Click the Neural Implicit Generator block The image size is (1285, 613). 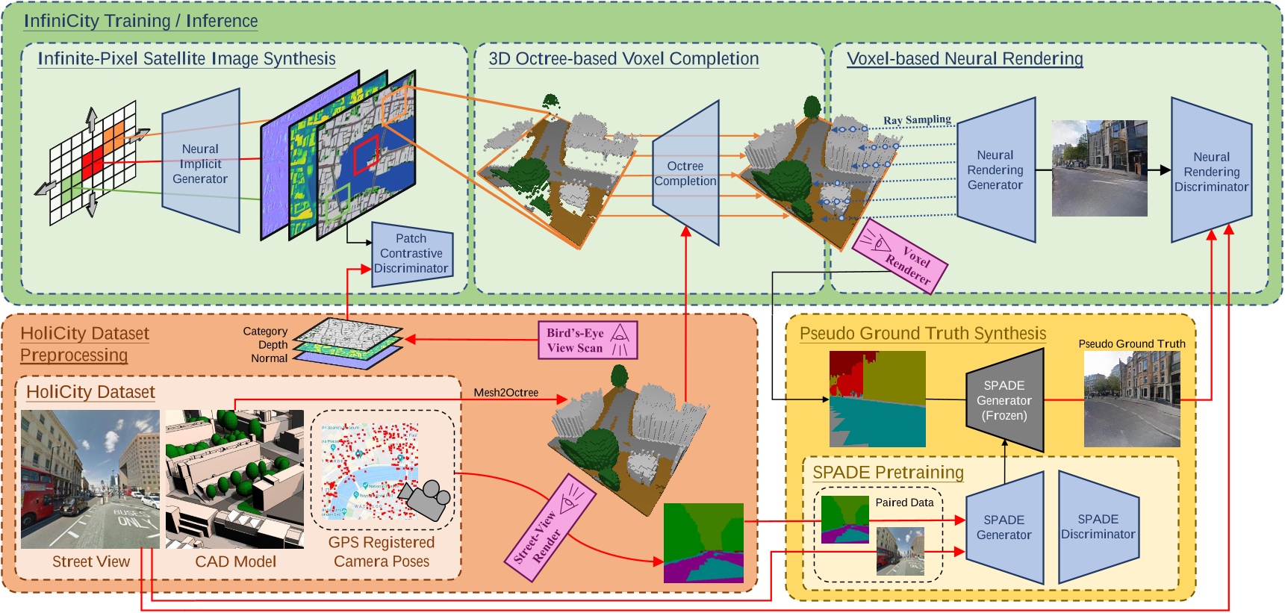[x=200, y=164]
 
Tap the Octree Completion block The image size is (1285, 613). [x=685, y=173]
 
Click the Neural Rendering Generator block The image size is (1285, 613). [x=995, y=169]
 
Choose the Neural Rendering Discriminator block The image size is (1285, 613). [x=1210, y=172]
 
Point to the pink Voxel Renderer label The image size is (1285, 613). [x=900, y=256]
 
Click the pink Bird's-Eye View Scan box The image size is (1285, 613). [x=587, y=340]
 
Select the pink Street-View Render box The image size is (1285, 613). [x=553, y=528]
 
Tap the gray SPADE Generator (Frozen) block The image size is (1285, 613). [x=1004, y=400]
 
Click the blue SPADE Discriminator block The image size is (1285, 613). [x=1098, y=526]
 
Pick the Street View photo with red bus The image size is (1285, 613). [x=90, y=479]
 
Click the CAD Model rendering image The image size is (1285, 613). [x=234, y=479]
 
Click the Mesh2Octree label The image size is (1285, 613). [x=505, y=393]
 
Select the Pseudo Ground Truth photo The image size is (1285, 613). [x=1131, y=399]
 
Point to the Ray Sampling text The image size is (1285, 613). [x=917, y=119]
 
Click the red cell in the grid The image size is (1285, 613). [x=93, y=164]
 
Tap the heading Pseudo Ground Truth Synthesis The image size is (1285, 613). [x=922, y=334]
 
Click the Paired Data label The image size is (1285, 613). [x=904, y=502]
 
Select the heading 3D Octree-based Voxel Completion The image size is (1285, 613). [x=623, y=59]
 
